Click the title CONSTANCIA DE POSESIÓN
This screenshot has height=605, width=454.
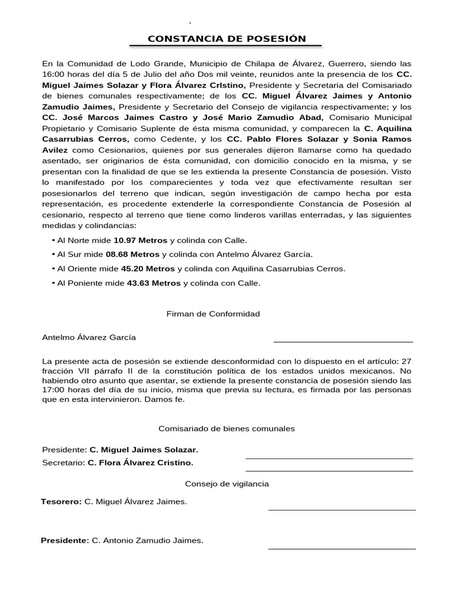click(x=227, y=39)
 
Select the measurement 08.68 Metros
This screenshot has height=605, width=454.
click(x=133, y=255)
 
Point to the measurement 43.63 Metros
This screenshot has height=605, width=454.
click(x=154, y=283)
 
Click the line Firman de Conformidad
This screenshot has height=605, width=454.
click(x=213, y=314)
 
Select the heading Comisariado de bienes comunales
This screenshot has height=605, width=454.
click(x=227, y=428)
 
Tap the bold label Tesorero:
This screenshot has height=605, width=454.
click(x=61, y=502)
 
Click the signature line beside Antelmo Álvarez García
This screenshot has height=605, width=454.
click(x=343, y=341)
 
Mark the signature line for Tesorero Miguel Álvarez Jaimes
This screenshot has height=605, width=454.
click(x=342, y=509)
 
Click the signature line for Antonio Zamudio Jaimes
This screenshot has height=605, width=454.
click(x=342, y=548)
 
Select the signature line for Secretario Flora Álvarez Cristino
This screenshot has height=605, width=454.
click(x=329, y=470)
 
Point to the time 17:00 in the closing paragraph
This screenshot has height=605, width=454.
click(x=54, y=390)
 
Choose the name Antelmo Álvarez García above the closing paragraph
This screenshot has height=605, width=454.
click(x=89, y=337)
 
